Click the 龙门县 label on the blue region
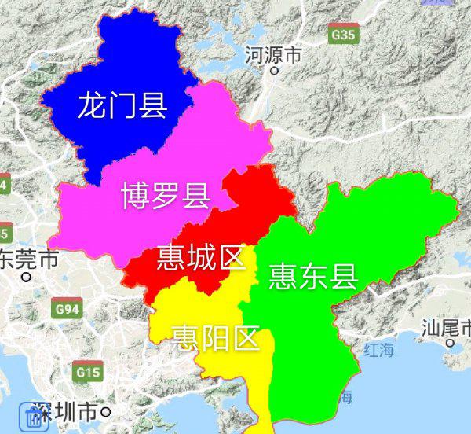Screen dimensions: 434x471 [x=122, y=105]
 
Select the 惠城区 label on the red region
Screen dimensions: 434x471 [x=201, y=258]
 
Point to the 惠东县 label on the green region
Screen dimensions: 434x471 [x=313, y=276]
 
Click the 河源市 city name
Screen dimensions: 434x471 [x=273, y=55]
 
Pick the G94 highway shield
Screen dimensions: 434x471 [x=68, y=310]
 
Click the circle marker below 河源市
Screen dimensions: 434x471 [x=274, y=71]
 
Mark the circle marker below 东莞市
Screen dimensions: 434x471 [x=26, y=277]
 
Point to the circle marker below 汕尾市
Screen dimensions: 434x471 [x=451, y=343]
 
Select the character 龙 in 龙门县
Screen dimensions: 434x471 [x=91, y=105]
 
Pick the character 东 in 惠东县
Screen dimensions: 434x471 [x=313, y=276]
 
